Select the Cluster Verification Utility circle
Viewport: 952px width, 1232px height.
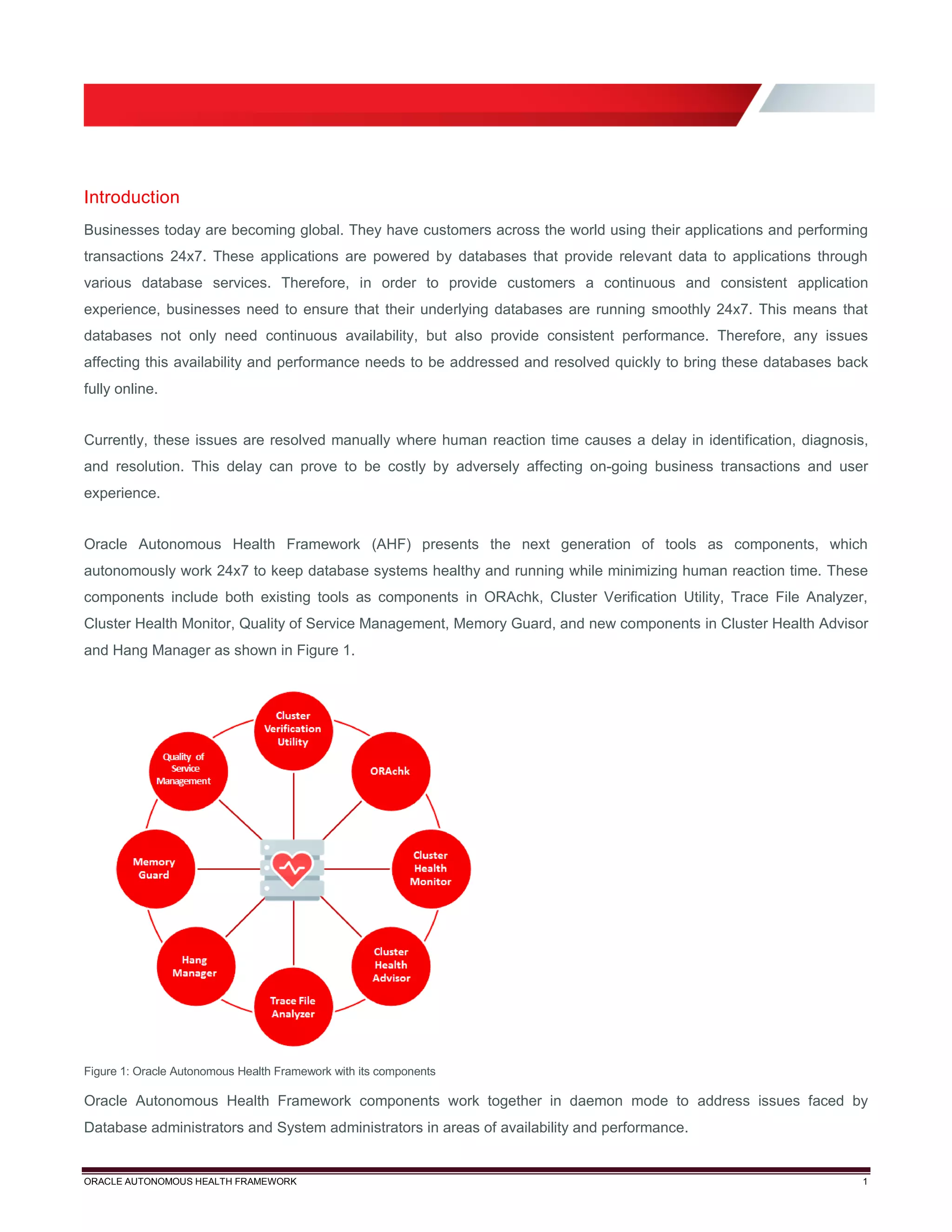coord(293,730)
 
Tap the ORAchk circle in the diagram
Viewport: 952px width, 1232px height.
coord(390,771)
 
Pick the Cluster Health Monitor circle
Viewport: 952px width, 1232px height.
coord(431,869)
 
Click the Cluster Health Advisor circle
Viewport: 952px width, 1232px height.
coord(391,965)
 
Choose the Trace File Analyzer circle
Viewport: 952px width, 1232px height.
coord(293,1007)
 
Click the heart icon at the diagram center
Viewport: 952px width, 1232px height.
coord(292,869)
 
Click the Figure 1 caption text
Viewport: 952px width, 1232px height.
coord(259,1071)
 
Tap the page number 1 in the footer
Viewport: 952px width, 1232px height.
coord(865,1182)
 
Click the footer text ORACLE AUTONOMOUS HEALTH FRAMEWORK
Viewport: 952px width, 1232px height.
coord(190,1182)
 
